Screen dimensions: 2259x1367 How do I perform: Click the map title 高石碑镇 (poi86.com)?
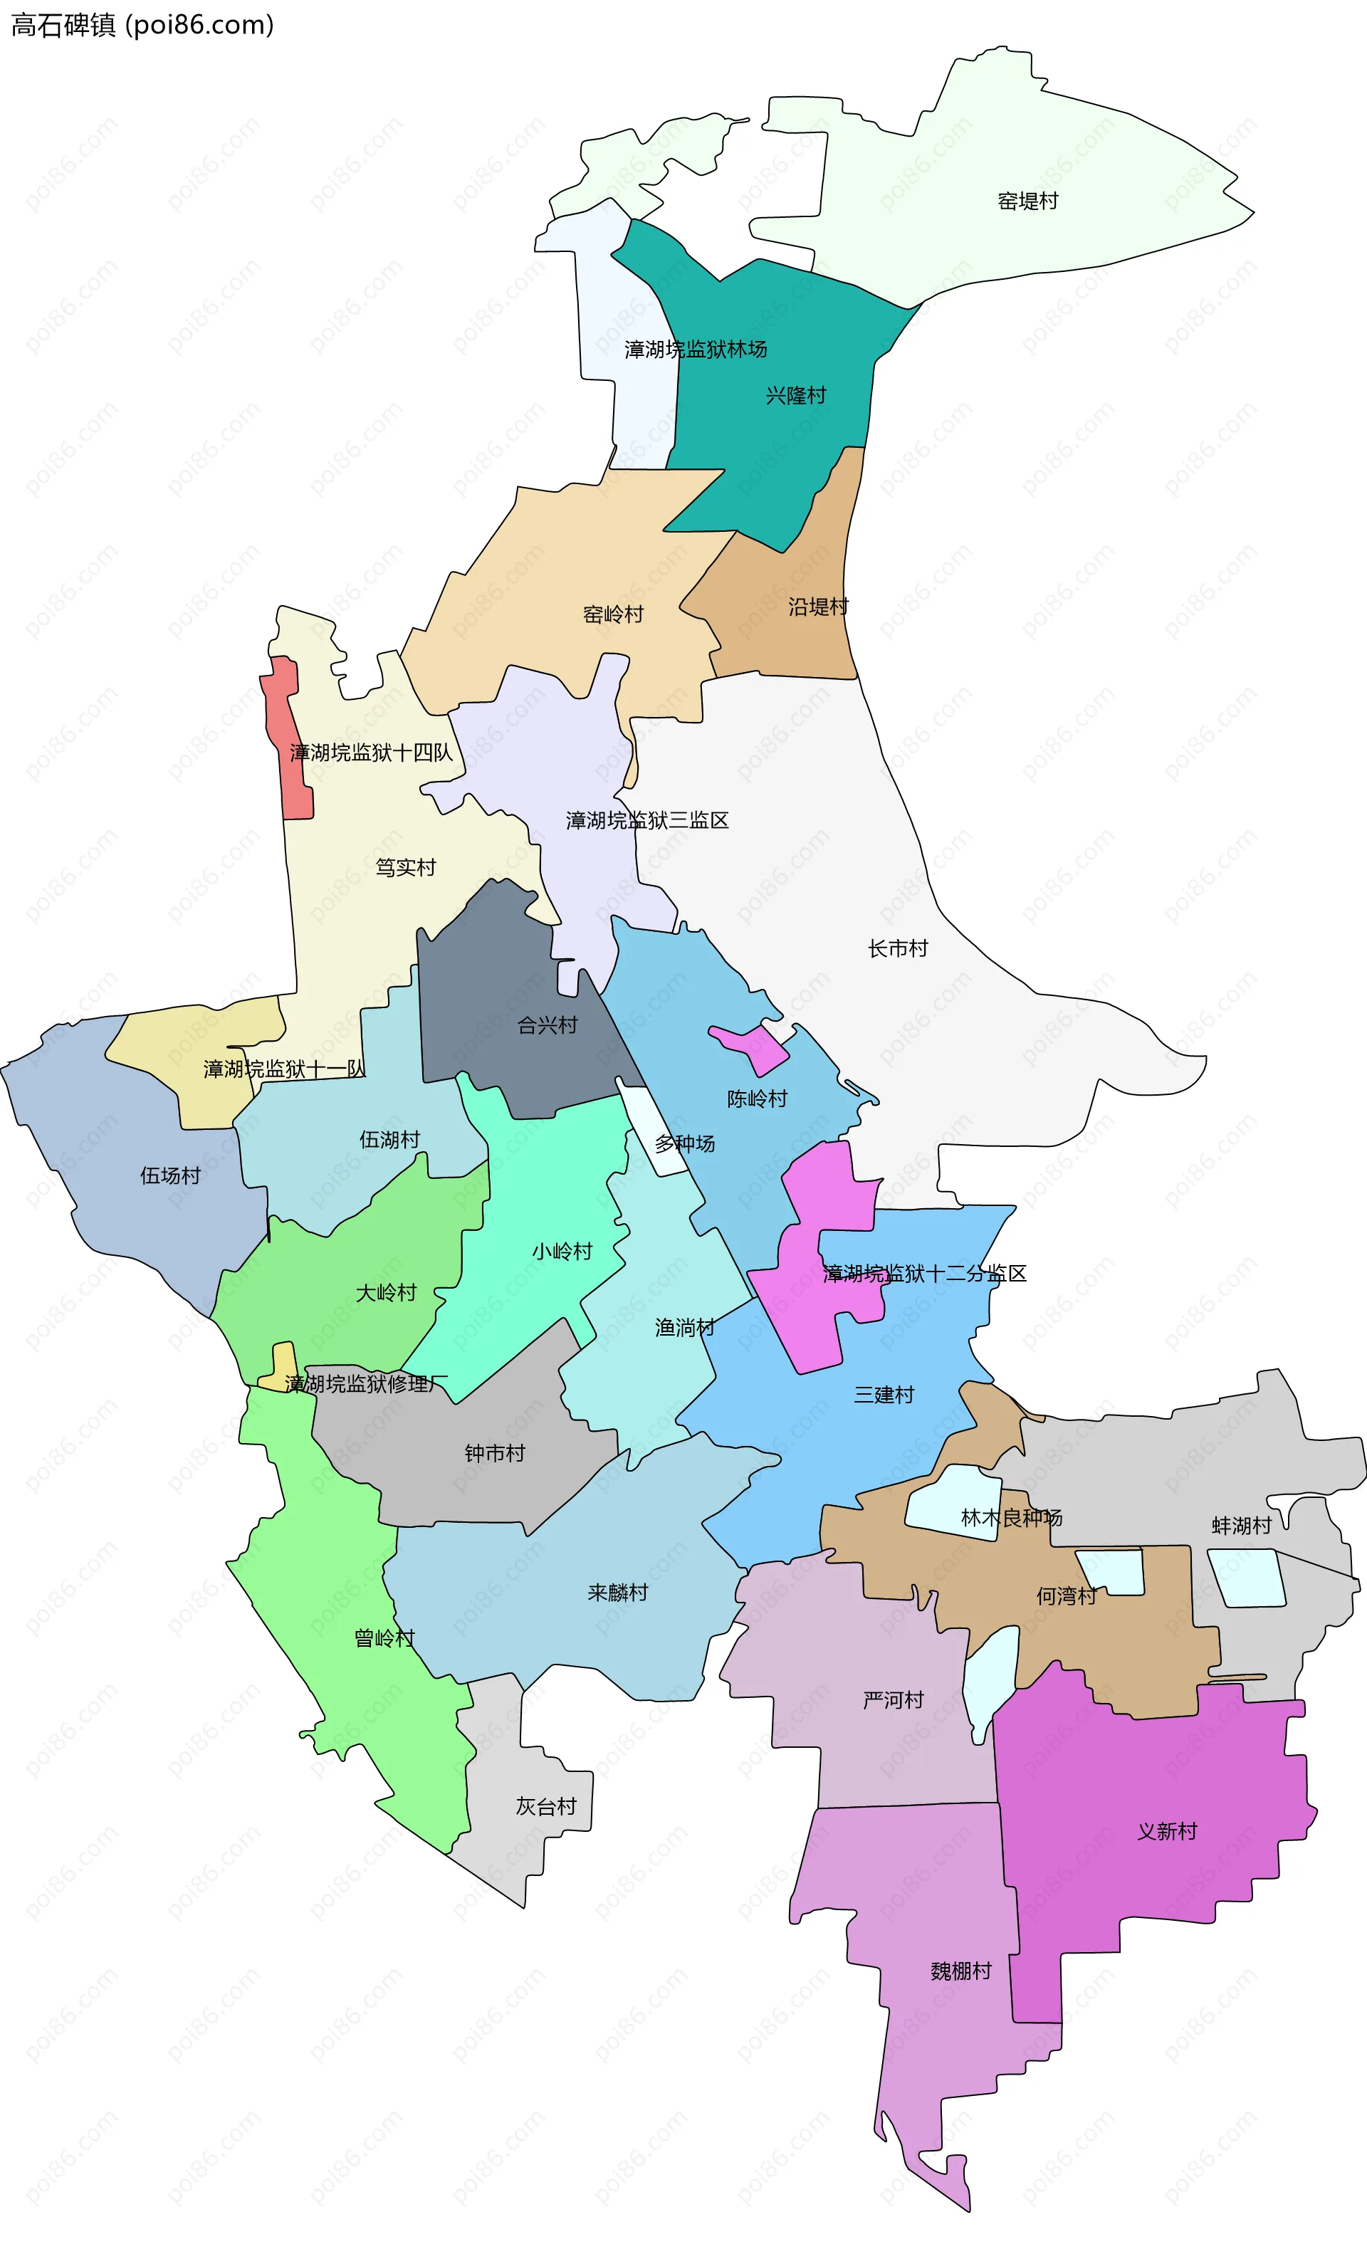142,25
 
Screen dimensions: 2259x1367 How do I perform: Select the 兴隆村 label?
796,395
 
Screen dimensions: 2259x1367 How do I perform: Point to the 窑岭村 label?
612,614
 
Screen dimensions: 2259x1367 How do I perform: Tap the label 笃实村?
405,867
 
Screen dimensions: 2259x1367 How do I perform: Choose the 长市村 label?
898,949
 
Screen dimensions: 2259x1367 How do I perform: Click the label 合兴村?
548,1025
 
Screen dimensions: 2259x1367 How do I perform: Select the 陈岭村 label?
758,1099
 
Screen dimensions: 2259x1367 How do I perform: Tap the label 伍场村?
169,1175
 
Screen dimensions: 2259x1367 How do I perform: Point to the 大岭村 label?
386,1293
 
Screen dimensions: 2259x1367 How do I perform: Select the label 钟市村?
494,1453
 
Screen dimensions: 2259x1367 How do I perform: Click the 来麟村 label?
617,1593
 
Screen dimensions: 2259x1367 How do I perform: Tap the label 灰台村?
545,1806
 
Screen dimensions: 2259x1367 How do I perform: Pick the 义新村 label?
1167,1831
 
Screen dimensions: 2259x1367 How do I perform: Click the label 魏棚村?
961,1971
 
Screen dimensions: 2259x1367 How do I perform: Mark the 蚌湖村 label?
1242,1526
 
